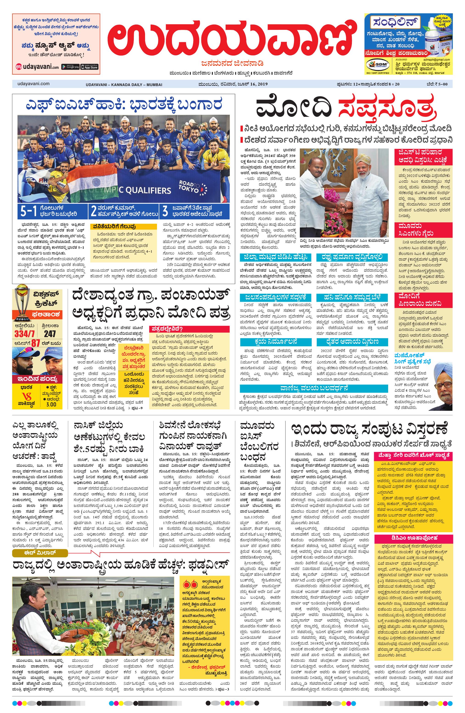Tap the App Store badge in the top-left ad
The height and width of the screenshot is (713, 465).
[x=90, y=67]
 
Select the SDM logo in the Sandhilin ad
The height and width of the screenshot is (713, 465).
[x=378, y=64]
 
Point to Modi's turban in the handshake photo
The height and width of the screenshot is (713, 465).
[x=362, y=162]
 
